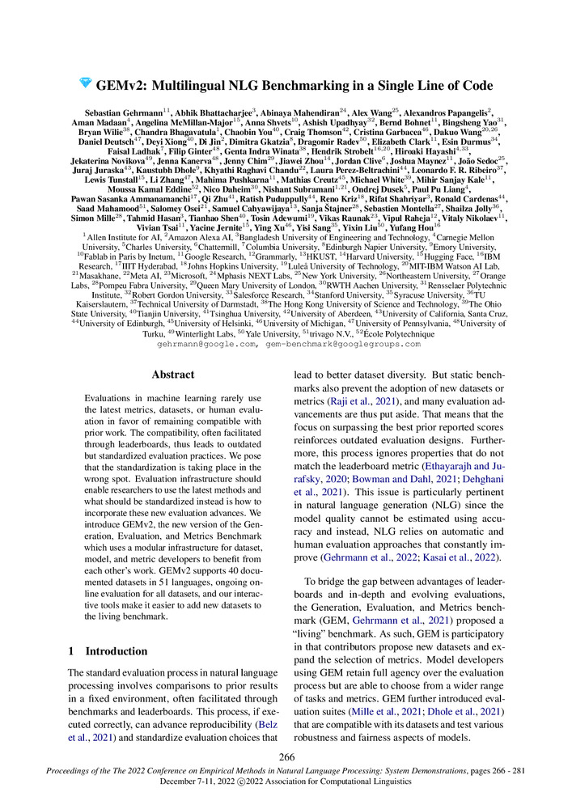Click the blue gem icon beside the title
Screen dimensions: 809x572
coord(85,83)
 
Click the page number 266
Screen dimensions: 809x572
coord(286,757)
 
